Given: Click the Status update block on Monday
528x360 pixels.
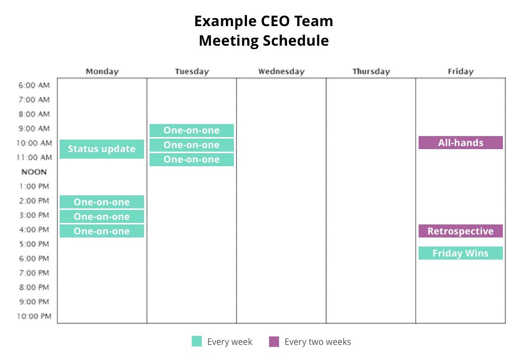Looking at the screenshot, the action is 102,149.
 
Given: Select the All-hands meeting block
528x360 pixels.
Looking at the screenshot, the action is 460,143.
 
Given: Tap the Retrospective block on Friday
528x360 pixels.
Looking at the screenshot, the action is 460,231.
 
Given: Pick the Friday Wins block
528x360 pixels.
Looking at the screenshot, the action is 460,253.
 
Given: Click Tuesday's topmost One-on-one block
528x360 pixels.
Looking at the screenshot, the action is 192,131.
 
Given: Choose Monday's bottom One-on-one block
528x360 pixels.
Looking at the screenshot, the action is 102,231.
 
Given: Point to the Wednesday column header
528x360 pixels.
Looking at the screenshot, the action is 282,71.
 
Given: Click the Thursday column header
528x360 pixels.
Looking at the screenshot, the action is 371,71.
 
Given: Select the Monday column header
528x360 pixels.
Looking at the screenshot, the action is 102,71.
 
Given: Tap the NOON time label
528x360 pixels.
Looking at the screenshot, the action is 34,172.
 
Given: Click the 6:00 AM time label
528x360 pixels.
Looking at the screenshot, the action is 34,85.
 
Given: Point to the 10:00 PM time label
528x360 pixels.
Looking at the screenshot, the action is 34,316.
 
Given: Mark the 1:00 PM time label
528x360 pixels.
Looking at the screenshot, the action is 34,186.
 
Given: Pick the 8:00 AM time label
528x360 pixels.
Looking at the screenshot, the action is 34,114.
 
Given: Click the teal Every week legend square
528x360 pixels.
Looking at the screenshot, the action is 197,341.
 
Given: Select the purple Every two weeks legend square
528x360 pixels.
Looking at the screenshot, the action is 274,341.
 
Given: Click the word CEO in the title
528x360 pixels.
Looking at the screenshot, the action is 276,21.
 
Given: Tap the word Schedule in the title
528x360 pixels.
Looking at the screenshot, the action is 296,40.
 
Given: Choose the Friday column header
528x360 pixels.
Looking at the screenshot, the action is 461,71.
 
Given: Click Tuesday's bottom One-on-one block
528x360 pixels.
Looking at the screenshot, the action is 192,159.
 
